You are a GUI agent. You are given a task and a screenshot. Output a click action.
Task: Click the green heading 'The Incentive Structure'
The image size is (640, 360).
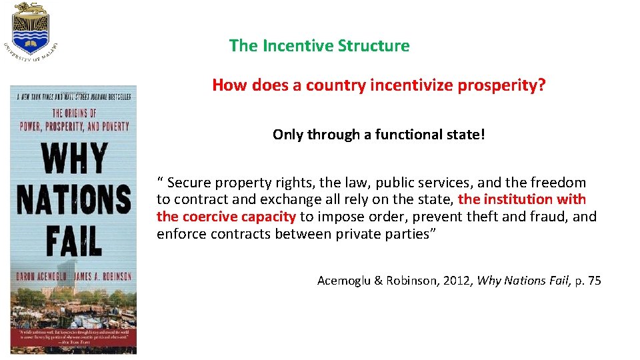coord(319,46)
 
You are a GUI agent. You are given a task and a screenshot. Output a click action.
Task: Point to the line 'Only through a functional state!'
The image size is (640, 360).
coord(379,135)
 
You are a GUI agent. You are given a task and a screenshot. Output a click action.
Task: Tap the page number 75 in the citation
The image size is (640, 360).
coord(593,281)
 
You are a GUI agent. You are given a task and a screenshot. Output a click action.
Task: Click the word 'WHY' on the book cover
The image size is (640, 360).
coord(73,159)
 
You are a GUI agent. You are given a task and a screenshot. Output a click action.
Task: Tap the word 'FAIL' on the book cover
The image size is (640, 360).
coord(73,239)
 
